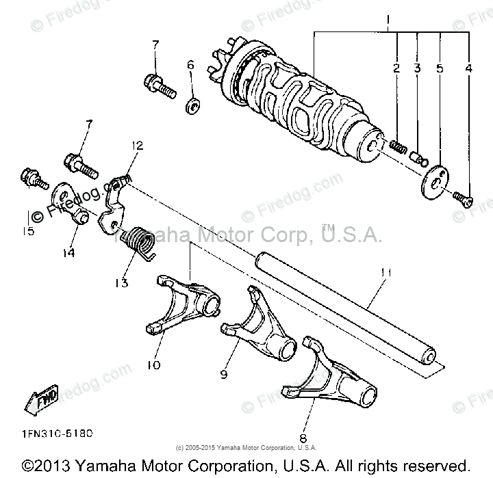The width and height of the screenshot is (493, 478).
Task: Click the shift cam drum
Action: point(301,103)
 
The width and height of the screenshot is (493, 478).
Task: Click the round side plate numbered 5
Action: point(435,179)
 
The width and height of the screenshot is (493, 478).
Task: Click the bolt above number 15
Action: point(33,178)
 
